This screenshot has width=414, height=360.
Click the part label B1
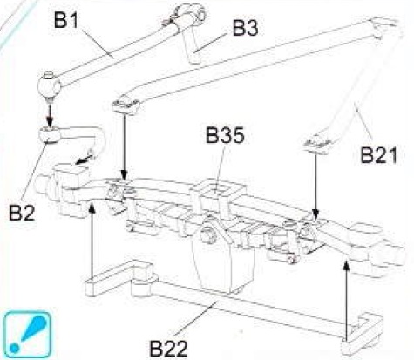click(66, 20)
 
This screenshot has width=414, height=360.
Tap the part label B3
click(245, 28)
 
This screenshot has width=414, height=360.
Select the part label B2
click(22, 213)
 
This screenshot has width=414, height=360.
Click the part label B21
click(379, 154)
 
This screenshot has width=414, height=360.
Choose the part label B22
click(168, 348)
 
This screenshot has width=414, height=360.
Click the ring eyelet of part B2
click(50, 134)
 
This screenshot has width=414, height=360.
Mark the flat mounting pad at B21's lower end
click(318, 145)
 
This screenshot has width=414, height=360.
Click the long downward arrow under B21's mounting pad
click(316, 185)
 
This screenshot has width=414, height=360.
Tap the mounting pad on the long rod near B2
click(126, 105)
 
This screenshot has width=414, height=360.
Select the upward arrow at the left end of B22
click(92, 241)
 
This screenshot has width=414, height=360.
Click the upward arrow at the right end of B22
click(346, 300)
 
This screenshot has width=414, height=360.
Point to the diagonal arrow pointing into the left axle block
click(85, 160)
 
